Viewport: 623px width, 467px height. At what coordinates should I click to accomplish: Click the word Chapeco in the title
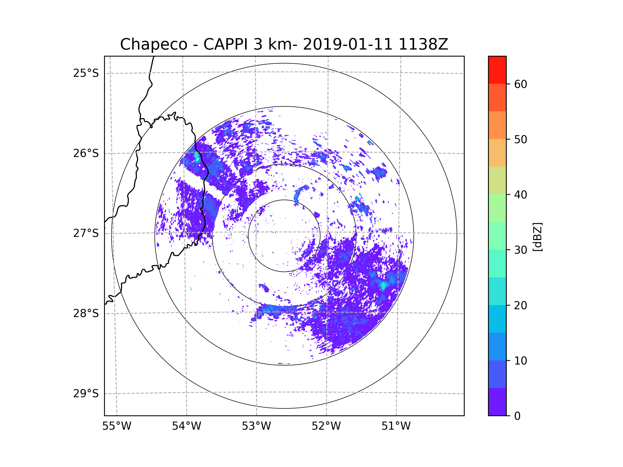point(153,44)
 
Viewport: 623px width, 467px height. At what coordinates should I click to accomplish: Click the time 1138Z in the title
point(423,44)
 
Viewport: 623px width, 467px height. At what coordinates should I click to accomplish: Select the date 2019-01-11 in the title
point(348,44)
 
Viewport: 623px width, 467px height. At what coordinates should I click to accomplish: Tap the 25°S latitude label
point(86,73)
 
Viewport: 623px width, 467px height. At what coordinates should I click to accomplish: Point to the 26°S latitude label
point(86,153)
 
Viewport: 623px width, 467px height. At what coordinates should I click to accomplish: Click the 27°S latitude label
point(86,233)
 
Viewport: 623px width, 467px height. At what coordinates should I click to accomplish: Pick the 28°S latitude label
point(86,313)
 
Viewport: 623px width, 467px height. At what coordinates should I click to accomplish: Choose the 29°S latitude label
point(86,394)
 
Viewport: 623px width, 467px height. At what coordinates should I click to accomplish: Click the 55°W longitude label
point(117,426)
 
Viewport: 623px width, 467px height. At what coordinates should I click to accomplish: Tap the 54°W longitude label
point(186,426)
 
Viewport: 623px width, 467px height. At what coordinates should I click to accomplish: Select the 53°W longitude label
point(256,426)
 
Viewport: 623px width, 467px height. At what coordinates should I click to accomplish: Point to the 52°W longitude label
point(326,426)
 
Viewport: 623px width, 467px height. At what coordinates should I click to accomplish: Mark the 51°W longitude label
point(396,426)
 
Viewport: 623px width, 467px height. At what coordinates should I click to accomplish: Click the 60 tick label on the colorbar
point(520,84)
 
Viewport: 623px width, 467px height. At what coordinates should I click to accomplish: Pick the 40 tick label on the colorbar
point(520,195)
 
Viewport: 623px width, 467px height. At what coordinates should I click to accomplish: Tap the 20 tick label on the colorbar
point(520,305)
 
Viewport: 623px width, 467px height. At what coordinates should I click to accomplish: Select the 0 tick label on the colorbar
point(517,416)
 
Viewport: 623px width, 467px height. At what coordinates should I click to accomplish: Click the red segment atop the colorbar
point(497,70)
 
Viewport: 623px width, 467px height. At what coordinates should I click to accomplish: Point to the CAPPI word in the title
point(225,44)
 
